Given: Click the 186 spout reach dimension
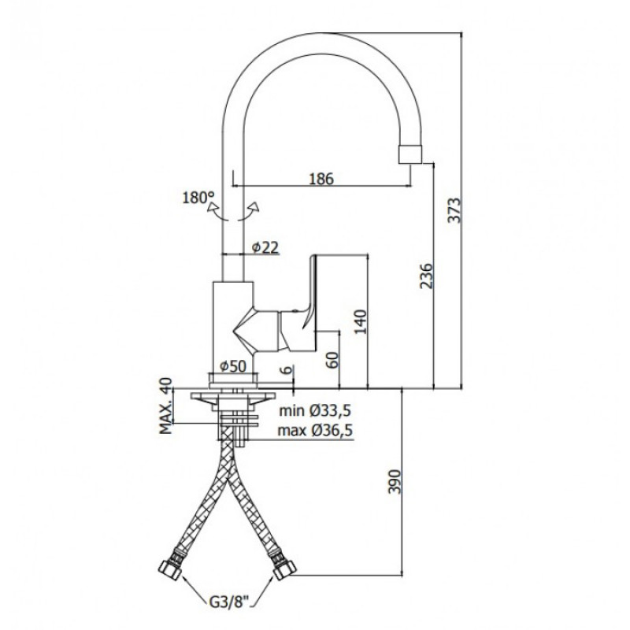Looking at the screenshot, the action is [321, 179].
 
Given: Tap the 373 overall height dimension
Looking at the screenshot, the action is [455, 210].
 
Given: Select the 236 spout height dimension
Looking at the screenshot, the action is [427, 276].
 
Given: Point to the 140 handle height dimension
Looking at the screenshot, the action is [361, 321].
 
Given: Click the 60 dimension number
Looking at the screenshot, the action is [333, 359].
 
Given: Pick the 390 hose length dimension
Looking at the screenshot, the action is [395, 482].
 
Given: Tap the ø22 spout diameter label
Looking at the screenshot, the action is [265, 247].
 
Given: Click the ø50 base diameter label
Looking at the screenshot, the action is [233, 365].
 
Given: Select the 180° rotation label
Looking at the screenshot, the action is [198, 198].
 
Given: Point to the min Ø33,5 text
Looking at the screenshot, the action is [316, 410].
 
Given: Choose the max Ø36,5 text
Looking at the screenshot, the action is [316, 431].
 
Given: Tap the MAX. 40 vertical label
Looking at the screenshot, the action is [165, 406].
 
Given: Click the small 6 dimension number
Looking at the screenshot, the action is [287, 370].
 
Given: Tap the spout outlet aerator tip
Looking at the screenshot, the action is [410, 154].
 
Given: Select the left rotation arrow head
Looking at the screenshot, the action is [212, 207].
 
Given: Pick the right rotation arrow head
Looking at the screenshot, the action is [254, 206].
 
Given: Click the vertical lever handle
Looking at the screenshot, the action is [311, 292].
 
